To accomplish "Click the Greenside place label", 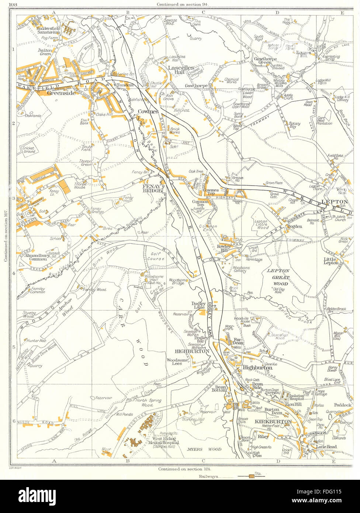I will pos(61,93).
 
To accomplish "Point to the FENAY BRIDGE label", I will pos(152,189).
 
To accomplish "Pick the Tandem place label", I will pos(122,85).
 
